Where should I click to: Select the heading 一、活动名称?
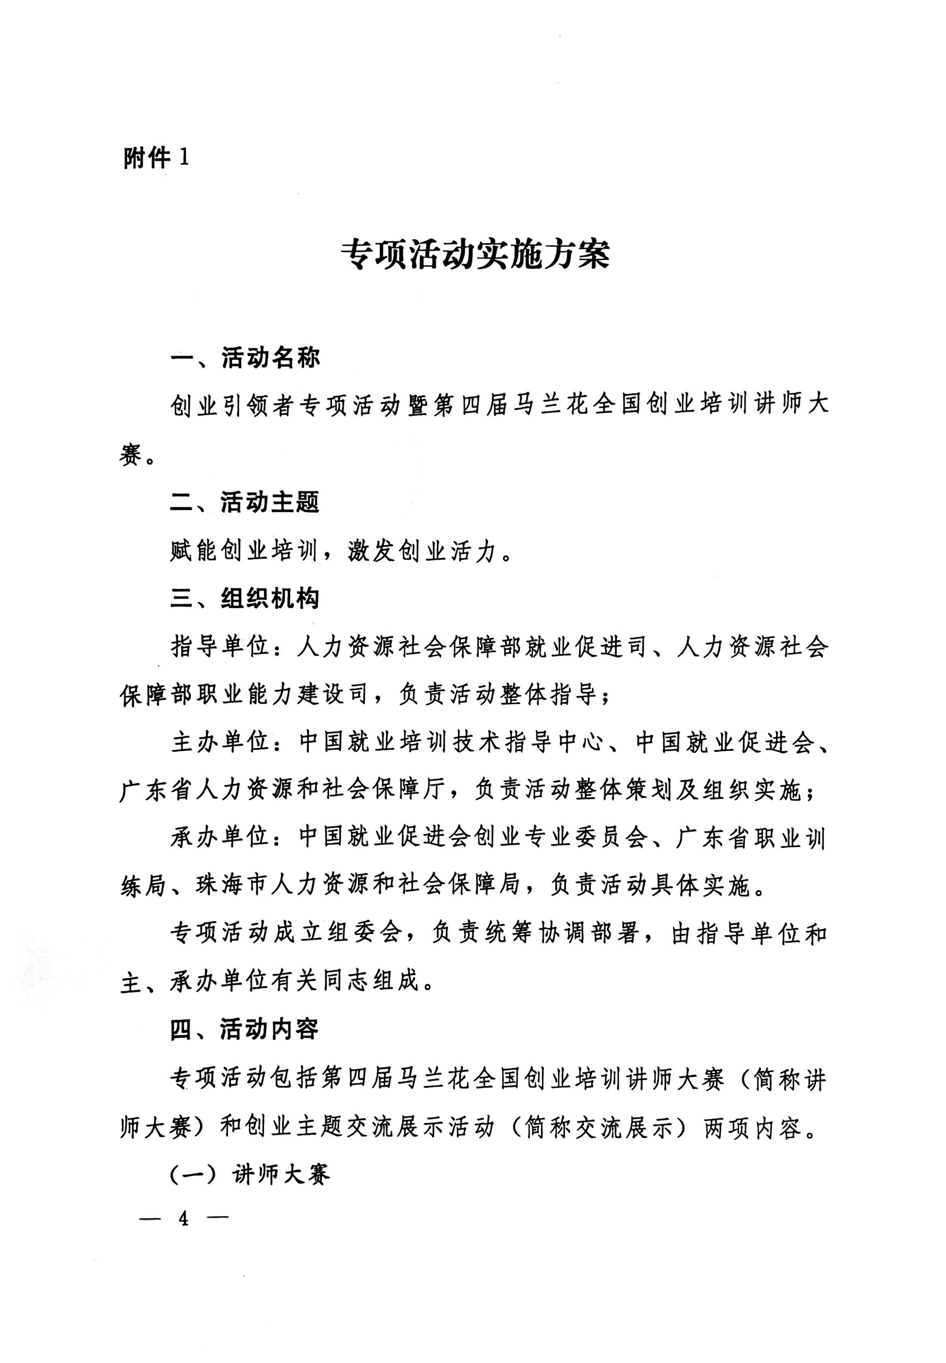tap(245, 358)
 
